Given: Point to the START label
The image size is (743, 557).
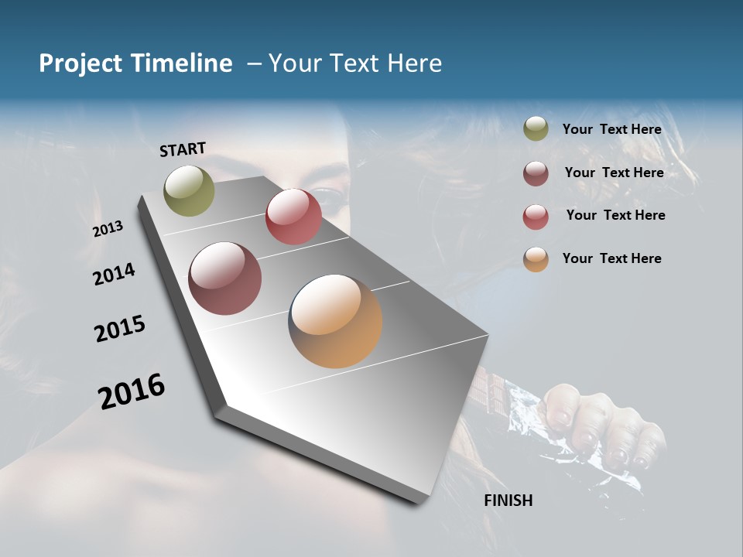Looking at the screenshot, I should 183,149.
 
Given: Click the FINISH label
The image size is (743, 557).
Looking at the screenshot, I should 508,501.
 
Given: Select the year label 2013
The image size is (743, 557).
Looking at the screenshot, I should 108,229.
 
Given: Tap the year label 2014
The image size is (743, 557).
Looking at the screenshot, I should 115,274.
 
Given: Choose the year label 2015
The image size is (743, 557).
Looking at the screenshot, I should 120,329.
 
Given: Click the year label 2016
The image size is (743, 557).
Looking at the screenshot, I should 132,391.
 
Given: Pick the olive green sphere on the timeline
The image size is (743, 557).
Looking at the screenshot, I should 189,190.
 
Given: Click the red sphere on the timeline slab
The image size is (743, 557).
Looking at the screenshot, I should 293,216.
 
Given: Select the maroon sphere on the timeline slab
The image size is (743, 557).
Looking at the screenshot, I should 224,278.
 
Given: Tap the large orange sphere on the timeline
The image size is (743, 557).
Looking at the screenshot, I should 335,321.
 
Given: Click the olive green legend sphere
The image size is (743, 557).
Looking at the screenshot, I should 536,129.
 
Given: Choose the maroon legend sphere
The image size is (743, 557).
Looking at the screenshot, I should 536,173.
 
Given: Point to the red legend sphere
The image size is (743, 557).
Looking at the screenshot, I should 536,217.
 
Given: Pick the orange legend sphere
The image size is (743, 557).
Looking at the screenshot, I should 536,259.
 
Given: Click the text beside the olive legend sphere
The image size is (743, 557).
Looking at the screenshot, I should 612,130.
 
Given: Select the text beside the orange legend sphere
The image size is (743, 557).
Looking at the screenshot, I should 612,258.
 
